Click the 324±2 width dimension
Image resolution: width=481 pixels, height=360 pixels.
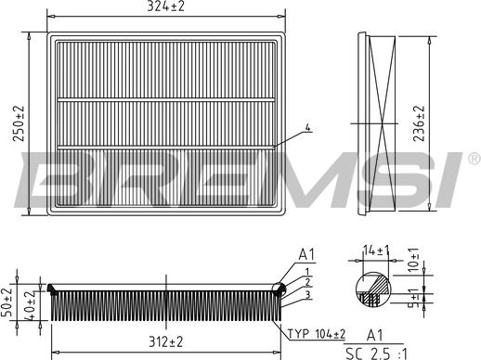165,6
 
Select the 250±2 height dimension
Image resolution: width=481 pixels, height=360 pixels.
19,123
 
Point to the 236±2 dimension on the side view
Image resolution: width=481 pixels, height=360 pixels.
419,123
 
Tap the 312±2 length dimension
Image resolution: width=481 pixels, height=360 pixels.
166,342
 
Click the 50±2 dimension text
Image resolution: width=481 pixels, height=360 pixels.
6,302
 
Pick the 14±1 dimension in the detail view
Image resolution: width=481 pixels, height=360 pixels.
376,251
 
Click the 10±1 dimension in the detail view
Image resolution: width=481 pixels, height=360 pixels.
413,260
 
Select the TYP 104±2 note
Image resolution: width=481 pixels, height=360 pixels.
317,334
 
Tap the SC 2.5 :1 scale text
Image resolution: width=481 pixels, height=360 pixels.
377,354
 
